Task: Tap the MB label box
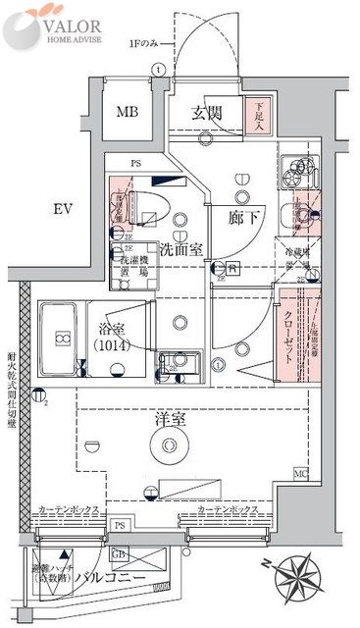(x=128, y=112)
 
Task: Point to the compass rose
(x=302, y=580)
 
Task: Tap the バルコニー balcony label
(x=116, y=578)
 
